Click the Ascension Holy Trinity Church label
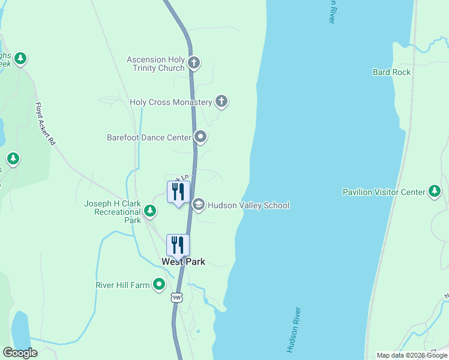point(155,64)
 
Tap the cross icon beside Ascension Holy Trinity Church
point(193,62)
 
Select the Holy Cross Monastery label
point(171,103)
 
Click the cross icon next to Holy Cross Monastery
point(221,101)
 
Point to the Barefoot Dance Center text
point(149,137)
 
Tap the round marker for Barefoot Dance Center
point(200,137)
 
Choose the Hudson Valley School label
point(249,205)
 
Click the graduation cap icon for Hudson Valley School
point(198,205)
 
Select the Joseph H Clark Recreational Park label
point(112,212)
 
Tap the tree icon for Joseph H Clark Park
point(150,211)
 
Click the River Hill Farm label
point(122,285)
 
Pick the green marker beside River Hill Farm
point(159,284)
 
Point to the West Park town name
point(183,262)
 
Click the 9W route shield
point(176,297)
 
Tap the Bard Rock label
point(391,72)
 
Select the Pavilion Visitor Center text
point(384,192)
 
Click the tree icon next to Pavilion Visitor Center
point(435,192)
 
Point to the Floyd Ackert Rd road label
point(45,124)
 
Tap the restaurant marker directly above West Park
point(178,245)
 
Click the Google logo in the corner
point(20,353)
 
